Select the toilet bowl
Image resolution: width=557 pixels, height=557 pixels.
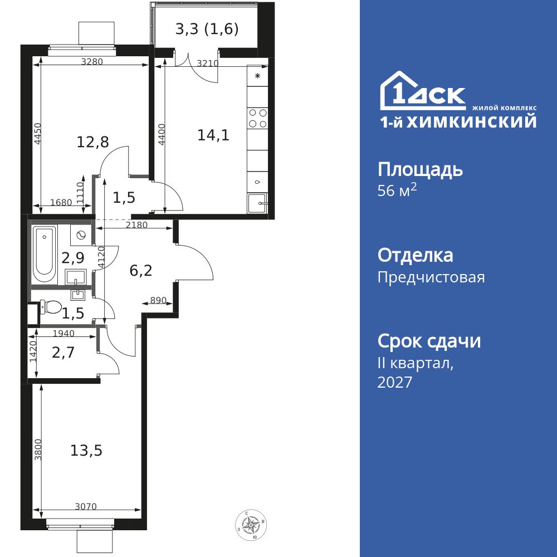click(x=50, y=306)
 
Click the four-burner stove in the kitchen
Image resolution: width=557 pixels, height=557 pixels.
click(x=257, y=118)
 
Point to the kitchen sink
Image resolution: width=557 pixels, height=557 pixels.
click(x=257, y=203)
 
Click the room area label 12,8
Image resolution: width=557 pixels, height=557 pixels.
click(x=93, y=142)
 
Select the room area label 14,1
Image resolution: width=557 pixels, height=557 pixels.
click(x=213, y=135)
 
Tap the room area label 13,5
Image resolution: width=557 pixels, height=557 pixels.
click(x=86, y=451)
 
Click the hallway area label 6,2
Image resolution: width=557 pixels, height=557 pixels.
click(x=141, y=271)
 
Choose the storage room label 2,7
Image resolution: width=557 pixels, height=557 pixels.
click(x=63, y=353)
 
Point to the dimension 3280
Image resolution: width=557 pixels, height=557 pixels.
click(x=92, y=62)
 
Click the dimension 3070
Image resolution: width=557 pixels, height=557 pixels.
click(x=86, y=506)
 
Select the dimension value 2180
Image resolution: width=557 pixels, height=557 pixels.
click(x=137, y=225)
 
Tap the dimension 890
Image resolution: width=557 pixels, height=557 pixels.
click(x=158, y=301)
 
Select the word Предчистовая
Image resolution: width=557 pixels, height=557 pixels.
click(x=431, y=277)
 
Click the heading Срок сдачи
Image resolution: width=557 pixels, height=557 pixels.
click(x=429, y=341)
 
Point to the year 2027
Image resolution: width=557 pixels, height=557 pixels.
click(x=395, y=382)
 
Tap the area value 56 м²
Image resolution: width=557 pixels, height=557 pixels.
click(x=397, y=190)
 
